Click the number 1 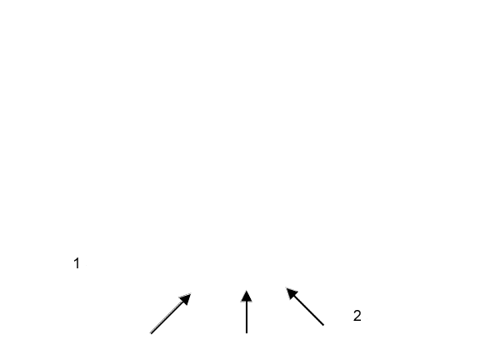pyautogui.click(x=77, y=263)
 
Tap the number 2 pyautogui.click(x=357, y=316)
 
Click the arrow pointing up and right pyautogui.click(x=171, y=313)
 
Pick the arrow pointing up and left pyautogui.click(x=305, y=307)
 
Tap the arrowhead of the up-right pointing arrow pyautogui.click(x=186, y=298)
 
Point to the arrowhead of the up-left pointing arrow pyautogui.click(x=292, y=293)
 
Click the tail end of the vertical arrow pyautogui.click(x=247, y=332)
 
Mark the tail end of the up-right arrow pyautogui.click(x=151, y=333)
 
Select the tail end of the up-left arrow pyautogui.click(x=323, y=325)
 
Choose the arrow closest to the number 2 pyautogui.click(x=305, y=307)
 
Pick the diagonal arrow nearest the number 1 pyautogui.click(x=171, y=313)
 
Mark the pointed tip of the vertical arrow pyautogui.click(x=247, y=290)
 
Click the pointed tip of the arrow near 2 pyautogui.click(x=287, y=288)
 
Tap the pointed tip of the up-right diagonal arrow pyautogui.click(x=191, y=293)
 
